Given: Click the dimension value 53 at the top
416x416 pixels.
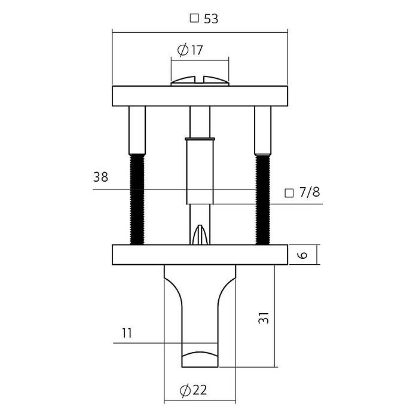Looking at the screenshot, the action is (211, 19).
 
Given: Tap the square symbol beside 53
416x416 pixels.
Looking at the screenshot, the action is (194, 19).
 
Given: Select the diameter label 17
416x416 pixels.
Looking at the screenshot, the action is (197, 50).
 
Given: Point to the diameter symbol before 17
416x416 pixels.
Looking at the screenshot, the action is (182, 50).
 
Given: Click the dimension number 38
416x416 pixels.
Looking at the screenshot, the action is (101, 177).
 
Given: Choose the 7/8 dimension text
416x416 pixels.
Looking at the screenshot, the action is (310, 192).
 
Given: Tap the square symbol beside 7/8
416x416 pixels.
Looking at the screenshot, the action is (289, 193).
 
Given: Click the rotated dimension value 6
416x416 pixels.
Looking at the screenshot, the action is (302, 255).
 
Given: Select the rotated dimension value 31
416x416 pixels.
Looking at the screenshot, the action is (264, 317).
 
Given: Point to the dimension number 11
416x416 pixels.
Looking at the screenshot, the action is (127, 333).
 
